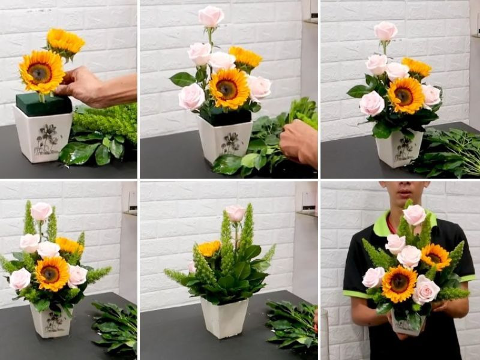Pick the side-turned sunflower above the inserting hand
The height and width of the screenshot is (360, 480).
pos(65,42)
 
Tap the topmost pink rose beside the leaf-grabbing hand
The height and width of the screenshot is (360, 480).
pos(211,16)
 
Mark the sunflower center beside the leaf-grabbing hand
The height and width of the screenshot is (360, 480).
pos(227,89)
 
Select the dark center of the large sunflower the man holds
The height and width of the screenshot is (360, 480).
pos(399,283)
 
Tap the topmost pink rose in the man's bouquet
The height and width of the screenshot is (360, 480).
pos(415,214)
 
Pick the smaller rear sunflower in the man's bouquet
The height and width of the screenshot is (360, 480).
pos(435,256)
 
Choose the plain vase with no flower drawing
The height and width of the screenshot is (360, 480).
pos(224,318)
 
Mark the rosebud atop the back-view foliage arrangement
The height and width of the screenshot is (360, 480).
pos(235,214)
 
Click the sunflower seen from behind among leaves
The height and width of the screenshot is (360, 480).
pos(209,248)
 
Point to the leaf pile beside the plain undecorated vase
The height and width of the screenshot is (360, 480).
pos(292,324)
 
